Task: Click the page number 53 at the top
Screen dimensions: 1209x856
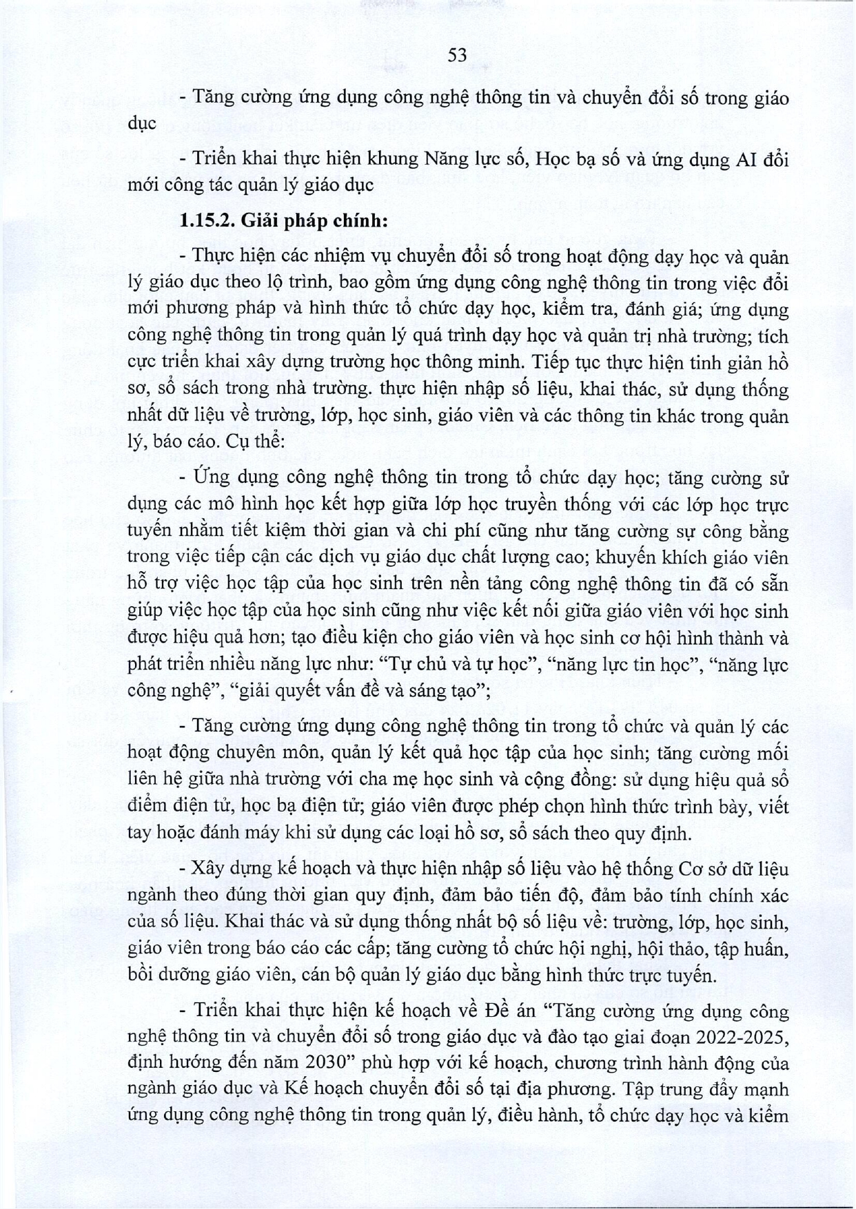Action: click(457, 56)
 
